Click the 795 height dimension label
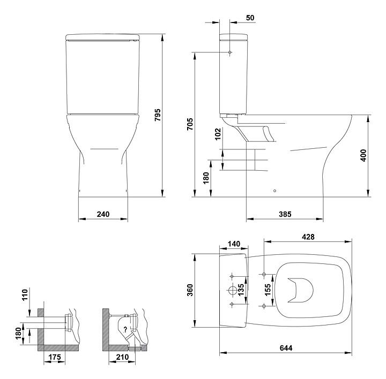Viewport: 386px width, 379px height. (157, 115)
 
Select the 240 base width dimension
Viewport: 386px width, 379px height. (103, 214)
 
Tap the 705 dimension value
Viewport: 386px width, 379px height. (190, 124)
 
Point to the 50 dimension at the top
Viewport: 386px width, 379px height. (250, 18)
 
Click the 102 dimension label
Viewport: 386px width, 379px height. (218, 134)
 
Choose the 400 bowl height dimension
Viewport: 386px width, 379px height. (363, 155)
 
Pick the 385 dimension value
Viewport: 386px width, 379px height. (285, 214)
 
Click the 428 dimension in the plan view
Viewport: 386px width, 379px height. (308, 237)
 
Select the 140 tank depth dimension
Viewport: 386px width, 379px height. (234, 244)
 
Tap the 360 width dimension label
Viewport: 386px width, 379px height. (190, 290)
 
